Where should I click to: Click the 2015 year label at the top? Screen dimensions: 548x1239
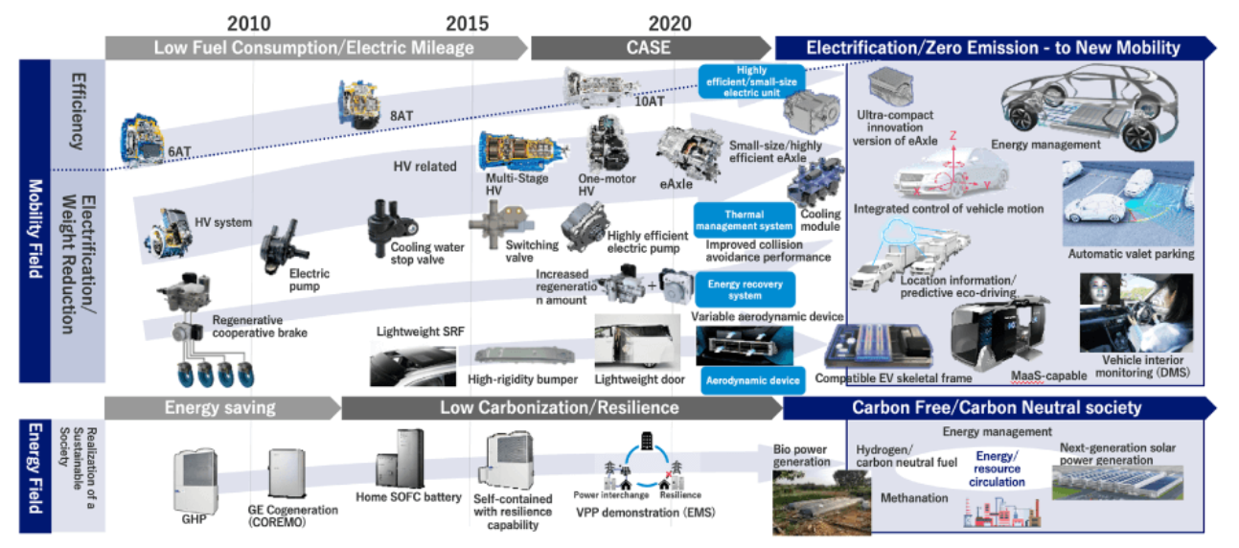tap(467, 23)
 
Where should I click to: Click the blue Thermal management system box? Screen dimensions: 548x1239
tap(745, 219)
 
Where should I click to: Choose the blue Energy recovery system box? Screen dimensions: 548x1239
tap(745, 289)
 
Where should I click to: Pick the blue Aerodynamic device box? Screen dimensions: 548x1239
tap(752, 381)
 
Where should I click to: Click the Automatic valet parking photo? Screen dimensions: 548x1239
tap(1128, 203)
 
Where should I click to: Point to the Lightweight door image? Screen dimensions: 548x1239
tap(637, 340)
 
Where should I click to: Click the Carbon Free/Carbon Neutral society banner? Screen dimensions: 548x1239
tap(997, 408)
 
